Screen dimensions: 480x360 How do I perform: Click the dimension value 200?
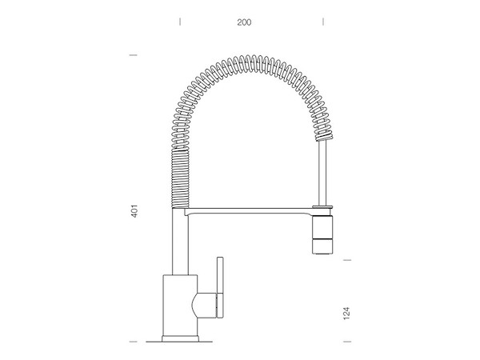[x=244, y=22]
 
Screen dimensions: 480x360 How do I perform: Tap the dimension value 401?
[x=134, y=211]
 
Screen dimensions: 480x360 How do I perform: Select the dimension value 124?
[x=346, y=314]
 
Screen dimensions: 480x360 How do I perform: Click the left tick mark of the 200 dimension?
[x=180, y=22]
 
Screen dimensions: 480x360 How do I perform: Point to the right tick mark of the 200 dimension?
[x=323, y=22]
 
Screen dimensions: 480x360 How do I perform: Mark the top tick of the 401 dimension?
[x=134, y=55]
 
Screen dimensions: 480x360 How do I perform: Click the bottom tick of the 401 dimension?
[x=134, y=342]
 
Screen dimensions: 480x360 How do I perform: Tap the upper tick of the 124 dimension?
[x=347, y=260]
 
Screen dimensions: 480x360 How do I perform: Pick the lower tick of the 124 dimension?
[x=347, y=342]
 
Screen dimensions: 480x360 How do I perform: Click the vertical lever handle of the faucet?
[x=220, y=287]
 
